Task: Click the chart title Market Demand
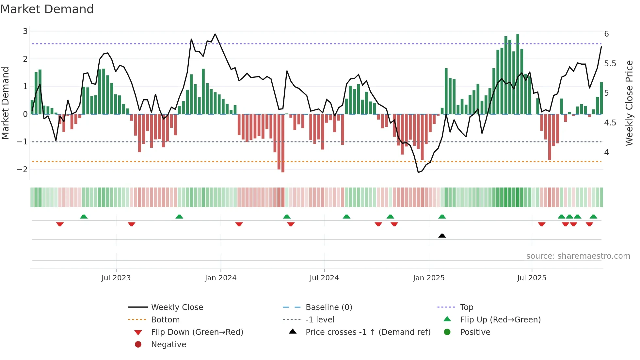coord(47,9)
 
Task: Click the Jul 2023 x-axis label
coord(116,278)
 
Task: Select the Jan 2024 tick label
coord(220,278)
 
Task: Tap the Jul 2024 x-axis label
coord(324,278)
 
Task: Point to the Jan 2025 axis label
coord(428,278)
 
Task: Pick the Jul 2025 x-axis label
coord(532,278)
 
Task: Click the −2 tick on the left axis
coord(22,170)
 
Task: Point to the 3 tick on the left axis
coord(25,31)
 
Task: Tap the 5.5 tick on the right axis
coord(610,64)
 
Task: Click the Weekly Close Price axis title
coord(629,103)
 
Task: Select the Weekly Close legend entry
coord(177,307)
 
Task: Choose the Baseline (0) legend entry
coord(329,307)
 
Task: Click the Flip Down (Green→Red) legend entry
coord(197,332)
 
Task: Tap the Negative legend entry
coord(168,345)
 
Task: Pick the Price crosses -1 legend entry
coord(368,332)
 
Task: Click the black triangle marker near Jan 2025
coord(442,236)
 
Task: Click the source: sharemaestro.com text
coord(578,256)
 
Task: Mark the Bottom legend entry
coord(165,320)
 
